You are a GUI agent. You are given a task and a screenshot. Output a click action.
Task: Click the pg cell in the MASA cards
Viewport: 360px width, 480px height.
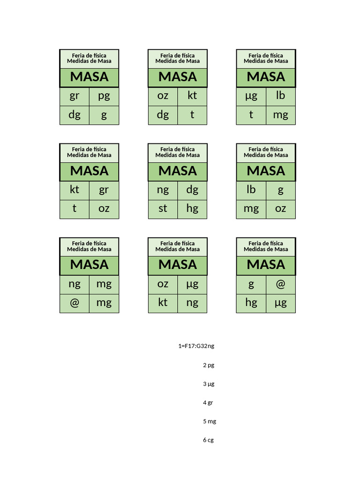click(104, 97)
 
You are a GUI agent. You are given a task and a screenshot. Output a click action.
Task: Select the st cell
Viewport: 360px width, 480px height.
click(163, 209)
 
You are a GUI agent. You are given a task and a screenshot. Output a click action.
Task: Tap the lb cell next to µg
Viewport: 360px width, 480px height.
click(280, 97)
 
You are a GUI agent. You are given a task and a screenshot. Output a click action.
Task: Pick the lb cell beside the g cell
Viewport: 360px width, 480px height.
click(251, 190)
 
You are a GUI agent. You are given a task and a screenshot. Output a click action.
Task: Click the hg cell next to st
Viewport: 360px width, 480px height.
click(192, 209)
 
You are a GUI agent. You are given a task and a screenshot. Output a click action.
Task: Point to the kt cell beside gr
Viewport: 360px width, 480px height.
click(75, 190)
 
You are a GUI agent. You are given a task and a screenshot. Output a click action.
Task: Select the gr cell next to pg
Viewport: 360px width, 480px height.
click(75, 97)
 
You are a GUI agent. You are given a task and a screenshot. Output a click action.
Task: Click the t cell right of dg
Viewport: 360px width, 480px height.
click(192, 115)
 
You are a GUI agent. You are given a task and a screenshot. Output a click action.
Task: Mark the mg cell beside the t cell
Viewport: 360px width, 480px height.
click(280, 115)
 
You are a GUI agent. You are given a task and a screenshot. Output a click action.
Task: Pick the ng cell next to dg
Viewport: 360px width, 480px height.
click(163, 190)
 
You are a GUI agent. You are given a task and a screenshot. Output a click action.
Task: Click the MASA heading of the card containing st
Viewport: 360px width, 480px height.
click(178, 171)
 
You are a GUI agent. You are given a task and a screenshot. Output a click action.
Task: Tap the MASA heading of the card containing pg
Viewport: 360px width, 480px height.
click(89, 77)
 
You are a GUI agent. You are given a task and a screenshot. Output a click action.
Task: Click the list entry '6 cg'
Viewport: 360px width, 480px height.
click(209, 440)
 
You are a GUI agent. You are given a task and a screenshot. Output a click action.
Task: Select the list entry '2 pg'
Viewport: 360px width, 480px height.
click(209, 365)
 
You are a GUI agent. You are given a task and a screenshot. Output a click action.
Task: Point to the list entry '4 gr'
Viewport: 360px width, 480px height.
click(208, 403)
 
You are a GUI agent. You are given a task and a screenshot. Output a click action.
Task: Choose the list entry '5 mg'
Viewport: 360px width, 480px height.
click(210, 421)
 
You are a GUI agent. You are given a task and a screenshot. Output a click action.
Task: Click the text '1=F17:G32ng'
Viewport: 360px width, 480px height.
click(196, 346)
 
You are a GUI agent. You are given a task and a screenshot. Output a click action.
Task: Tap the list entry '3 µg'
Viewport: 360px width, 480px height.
click(209, 384)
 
